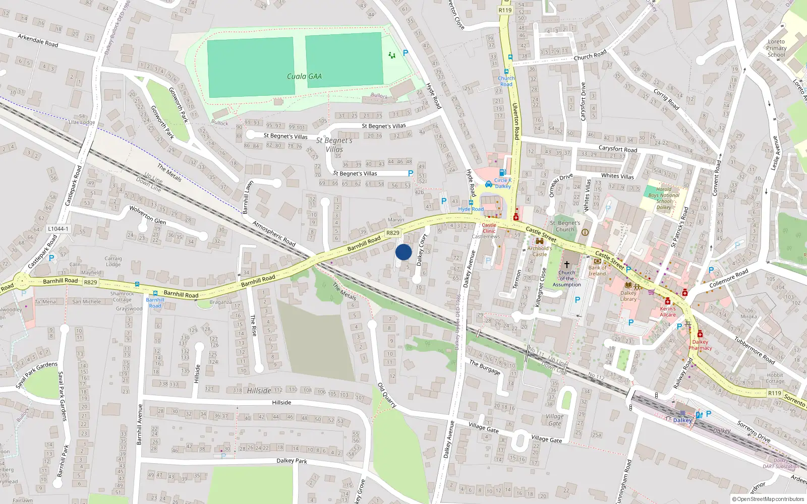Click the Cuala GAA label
click(x=304, y=77)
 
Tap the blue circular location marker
click(x=403, y=252)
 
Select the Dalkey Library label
click(x=628, y=296)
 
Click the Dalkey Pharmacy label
click(x=700, y=345)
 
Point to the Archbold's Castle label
click(x=540, y=251)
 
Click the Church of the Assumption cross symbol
click(x=567, y=264)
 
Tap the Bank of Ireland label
click(x=597, y=271)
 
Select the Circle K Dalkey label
click(x=502, y=183)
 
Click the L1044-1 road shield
click(x=58, y=229)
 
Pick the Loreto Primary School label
click(x=776, y=48)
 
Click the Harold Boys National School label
click(x=664, y=198)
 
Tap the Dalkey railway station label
click(x=682, y=420)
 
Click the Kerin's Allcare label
click(x=668, y=311)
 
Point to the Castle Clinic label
click(x=489, y=228)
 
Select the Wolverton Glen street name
click(x=147, y=215)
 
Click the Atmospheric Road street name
click(x=273, y=233)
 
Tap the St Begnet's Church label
click(x=565, y=226)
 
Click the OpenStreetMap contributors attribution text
click(x=768, y=499)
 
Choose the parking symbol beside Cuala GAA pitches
click(x=406, y=53)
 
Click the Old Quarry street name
click(x=387, y=395)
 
